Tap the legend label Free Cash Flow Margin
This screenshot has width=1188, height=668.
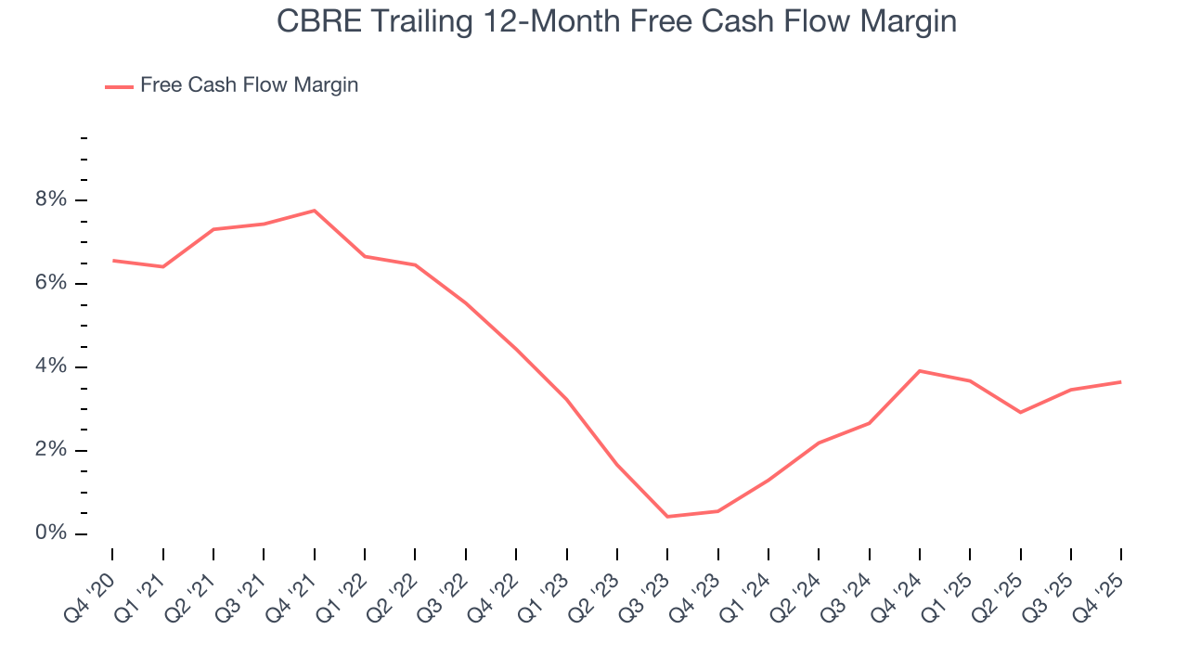pos(249,85)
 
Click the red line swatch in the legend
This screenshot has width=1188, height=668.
pos(119,86)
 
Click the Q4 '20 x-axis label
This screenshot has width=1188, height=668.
pos(88,595)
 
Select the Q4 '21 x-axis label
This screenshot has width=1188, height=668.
pos(290,595)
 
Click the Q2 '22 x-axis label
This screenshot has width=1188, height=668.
pos(391,595)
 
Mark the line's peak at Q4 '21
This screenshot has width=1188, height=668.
pos(315,211)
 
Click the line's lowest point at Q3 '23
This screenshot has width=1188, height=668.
pos(667,517)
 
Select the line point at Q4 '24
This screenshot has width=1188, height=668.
pos(919,371)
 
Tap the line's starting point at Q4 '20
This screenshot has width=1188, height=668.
pos(113,261)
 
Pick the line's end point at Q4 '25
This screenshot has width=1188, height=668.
pos(1120,382)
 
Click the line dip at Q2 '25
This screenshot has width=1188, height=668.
pos(1020,412)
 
